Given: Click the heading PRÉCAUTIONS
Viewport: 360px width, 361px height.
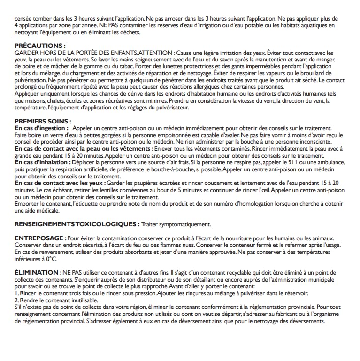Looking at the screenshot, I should pos(39,46).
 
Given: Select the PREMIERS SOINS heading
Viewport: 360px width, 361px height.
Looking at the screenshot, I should pos(43,121).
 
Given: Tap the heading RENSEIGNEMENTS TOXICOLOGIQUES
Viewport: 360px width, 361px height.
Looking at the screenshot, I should pos(77,224).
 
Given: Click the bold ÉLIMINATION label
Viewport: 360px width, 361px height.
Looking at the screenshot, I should pos(37,272).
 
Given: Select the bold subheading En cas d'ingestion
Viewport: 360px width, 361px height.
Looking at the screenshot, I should pos(42,128).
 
